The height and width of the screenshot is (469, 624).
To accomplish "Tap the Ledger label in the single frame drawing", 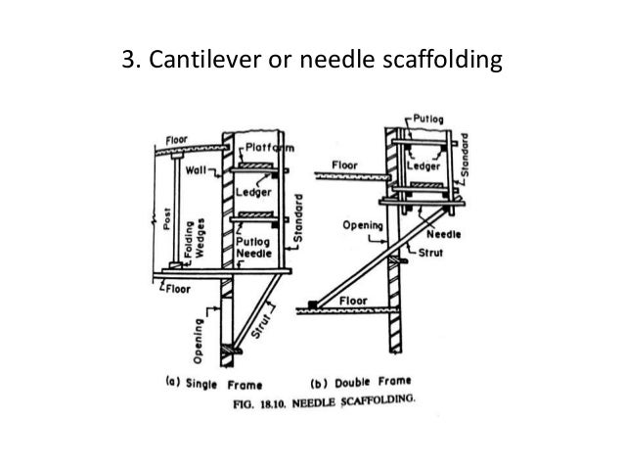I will (x=252, y=193).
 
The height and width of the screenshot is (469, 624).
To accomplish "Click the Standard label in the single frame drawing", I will (x=299, y=220).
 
